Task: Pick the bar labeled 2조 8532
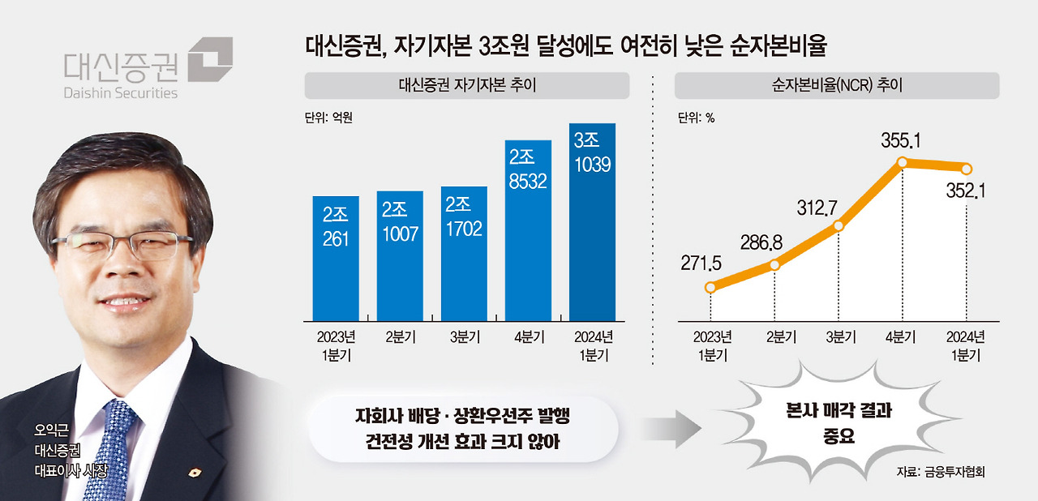528,230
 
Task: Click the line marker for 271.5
711,287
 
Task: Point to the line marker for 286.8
775,264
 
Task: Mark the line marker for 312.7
839,226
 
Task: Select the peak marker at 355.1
903,163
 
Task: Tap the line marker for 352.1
967,169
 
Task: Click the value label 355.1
901,141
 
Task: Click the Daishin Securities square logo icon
210,59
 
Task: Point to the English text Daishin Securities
120,92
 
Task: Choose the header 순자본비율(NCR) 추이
836,85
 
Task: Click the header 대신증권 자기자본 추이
467,85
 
